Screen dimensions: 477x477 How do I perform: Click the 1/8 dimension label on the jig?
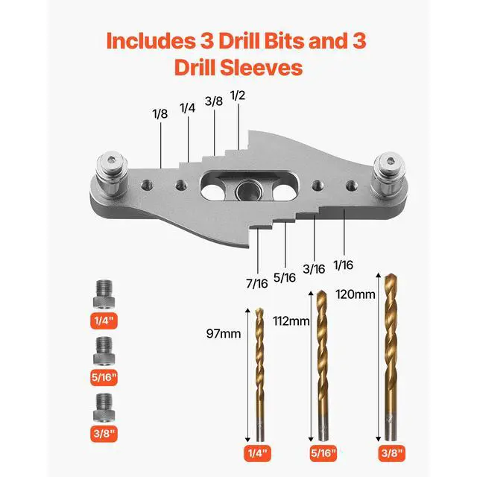[x=159, y=115]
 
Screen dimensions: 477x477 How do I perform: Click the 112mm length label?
[x=291, y=320]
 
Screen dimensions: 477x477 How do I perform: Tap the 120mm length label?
[x=355, y=294]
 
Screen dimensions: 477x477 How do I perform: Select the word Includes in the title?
[x=152, y=40]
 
